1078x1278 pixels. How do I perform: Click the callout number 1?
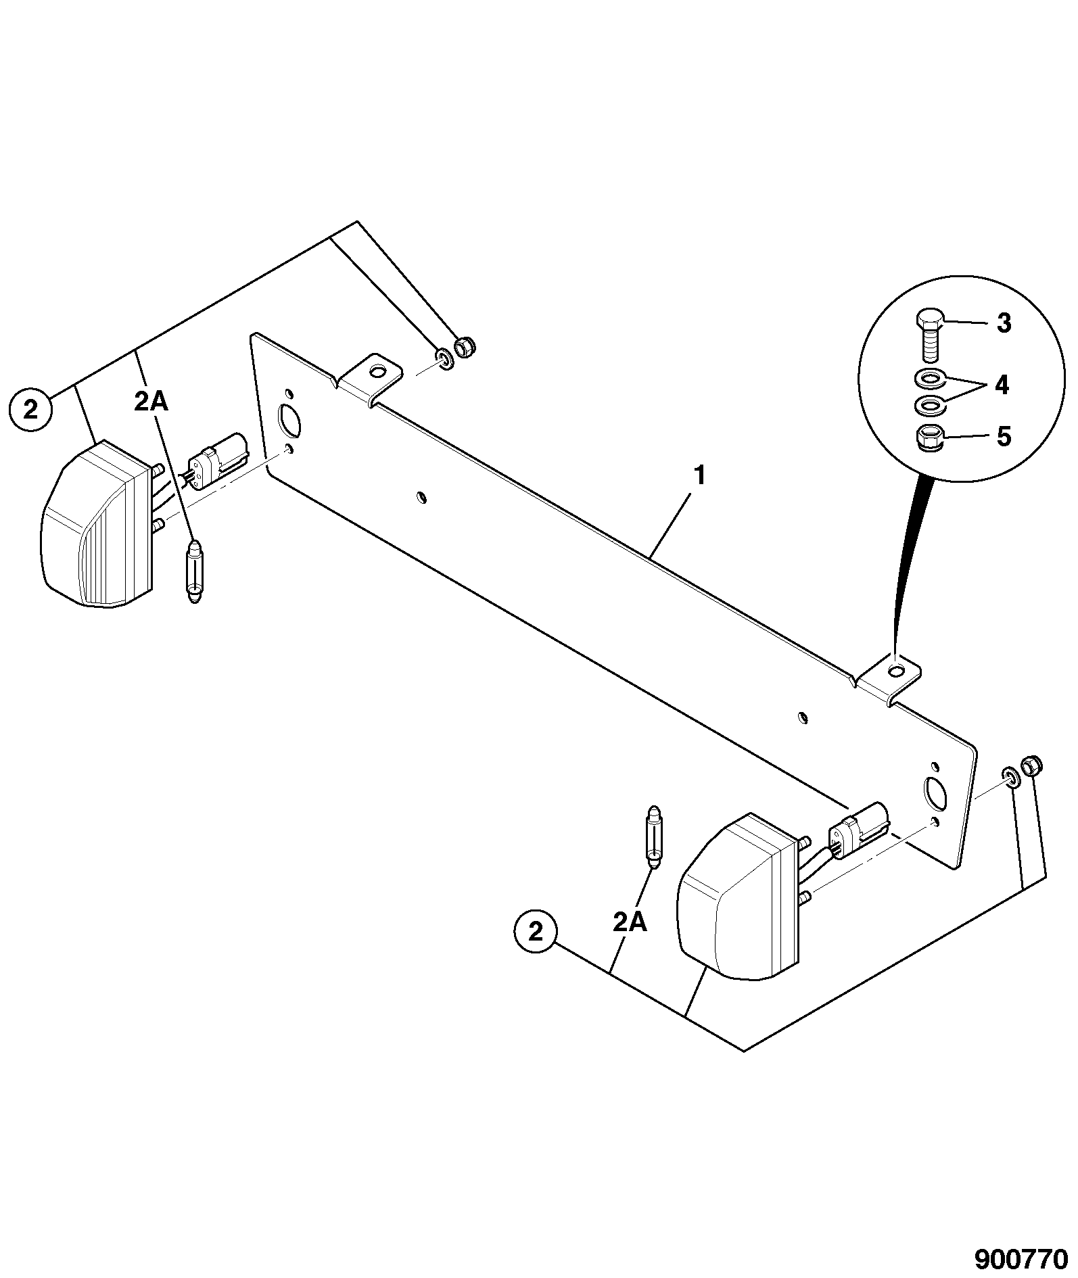tap(699, 476)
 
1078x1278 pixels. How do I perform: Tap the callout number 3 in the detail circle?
tap(1004, 323)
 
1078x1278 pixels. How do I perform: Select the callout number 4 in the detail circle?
tap(1002, 385)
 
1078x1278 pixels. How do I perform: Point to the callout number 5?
tap(1004, 437)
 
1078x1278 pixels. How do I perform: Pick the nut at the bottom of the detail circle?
tap(929, 437)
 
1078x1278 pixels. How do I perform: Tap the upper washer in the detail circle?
tap(928, 377)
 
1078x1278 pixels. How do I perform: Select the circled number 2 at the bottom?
tap(536, 933)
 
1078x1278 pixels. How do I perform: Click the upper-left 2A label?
tap(151, 402)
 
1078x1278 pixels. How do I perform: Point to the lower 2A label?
tap(630, 922)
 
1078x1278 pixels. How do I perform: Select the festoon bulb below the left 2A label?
tap(195, 571)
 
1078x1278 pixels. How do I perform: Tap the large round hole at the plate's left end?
tap(289, 420)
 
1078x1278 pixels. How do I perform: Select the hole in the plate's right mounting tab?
tap(896, 671)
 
